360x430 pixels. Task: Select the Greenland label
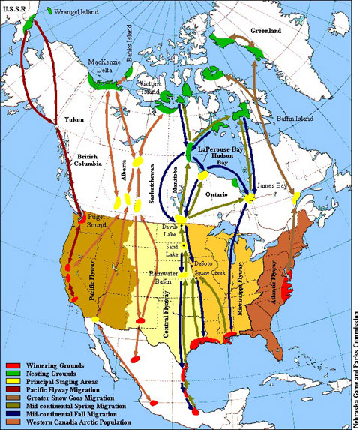265,31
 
